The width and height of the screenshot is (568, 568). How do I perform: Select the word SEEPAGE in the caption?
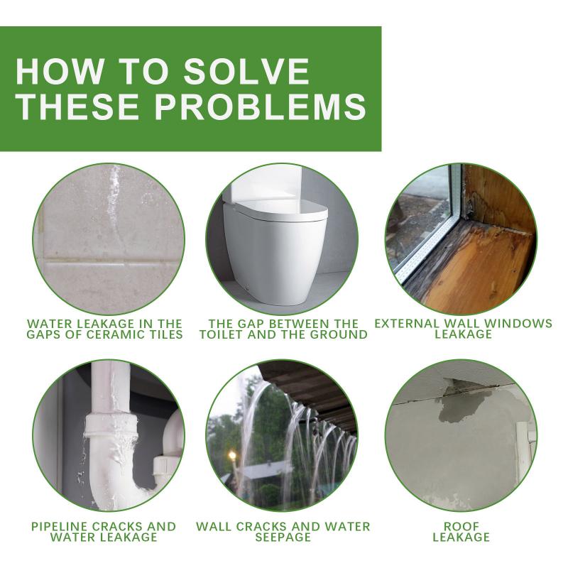(283, 537)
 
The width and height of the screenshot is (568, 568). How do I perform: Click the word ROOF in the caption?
(461, 527)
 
